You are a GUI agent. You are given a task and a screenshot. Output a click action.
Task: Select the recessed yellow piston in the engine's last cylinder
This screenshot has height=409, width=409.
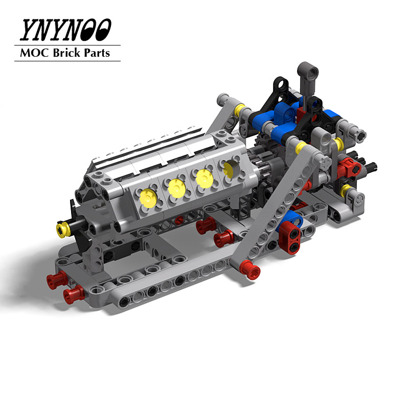(x=230, y=167)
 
